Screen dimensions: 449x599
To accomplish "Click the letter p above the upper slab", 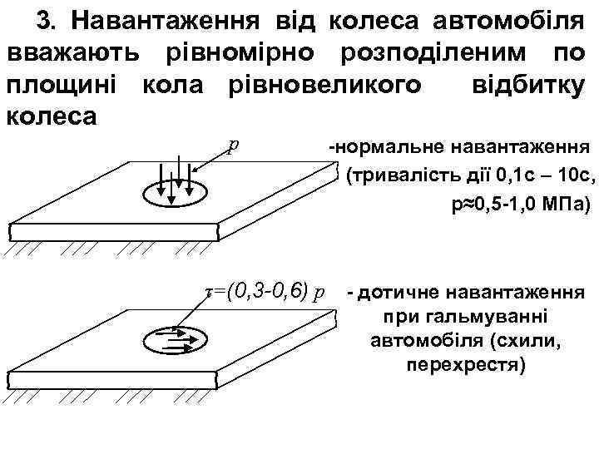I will (235, 144).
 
